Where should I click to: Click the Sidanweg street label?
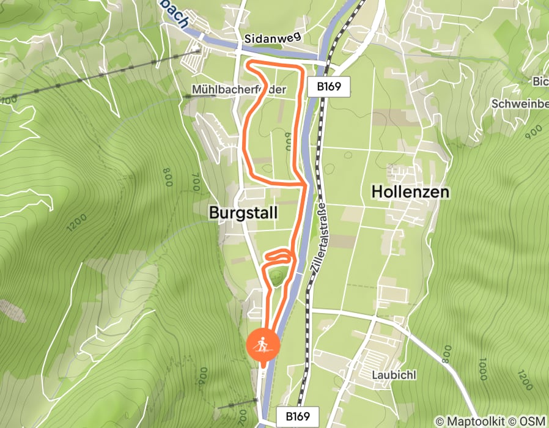point(273,38)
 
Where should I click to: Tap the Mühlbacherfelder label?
point(239,89)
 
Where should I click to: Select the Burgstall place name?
point(243,213)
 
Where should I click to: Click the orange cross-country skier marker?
point(263,346)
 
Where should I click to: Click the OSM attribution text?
point(534,421)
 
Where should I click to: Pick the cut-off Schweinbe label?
point(520,104)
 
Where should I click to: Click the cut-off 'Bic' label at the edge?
point(540,82)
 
